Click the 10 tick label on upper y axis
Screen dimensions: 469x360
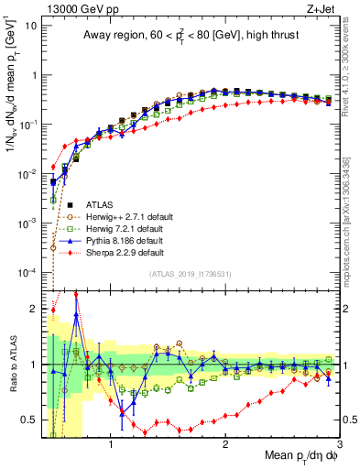coord(30,25)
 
